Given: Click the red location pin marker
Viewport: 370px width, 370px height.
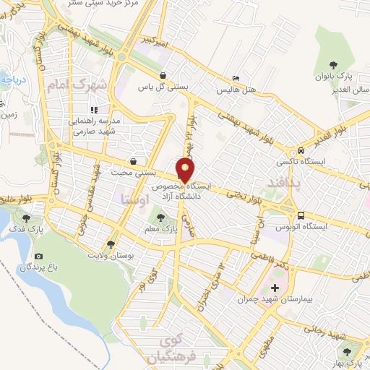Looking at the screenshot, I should tap(185, 169).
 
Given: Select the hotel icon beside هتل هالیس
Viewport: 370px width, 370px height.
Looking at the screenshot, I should tap(236, 79).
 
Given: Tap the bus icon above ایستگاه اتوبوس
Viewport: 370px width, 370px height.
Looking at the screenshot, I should tap(301, 215).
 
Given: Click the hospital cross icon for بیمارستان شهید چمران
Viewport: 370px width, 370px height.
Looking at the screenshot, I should tap(273, 288).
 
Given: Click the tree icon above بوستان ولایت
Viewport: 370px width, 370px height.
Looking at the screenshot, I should tap(111, 244).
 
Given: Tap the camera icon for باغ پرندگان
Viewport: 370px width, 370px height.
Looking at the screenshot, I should tap(38, 257).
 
